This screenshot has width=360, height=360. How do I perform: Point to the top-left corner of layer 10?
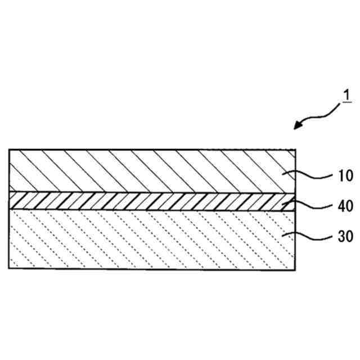9,150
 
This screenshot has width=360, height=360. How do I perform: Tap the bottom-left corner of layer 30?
9,268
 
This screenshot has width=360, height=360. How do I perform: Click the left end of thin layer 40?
10,201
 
